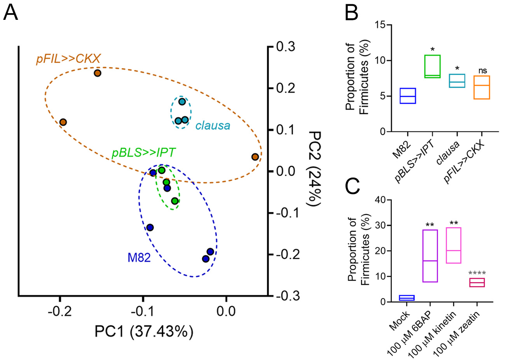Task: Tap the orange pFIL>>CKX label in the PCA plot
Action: coord(68,59)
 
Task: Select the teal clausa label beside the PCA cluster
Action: coord(213,126)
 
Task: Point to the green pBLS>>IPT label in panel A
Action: coord(143,152)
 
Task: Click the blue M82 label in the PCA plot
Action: coord(139,257)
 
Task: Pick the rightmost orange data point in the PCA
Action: coord(255,157)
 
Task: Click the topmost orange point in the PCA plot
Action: coord(98,73)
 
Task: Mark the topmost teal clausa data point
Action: coord(182,102)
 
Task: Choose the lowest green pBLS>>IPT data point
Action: coord(175,201)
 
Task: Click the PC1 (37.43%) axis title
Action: coord(144,332)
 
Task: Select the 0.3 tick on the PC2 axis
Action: coord(285,47)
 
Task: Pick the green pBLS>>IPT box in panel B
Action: coord(432,66)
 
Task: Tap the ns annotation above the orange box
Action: coord(482,71)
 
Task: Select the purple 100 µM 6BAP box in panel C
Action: coord(430,256)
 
